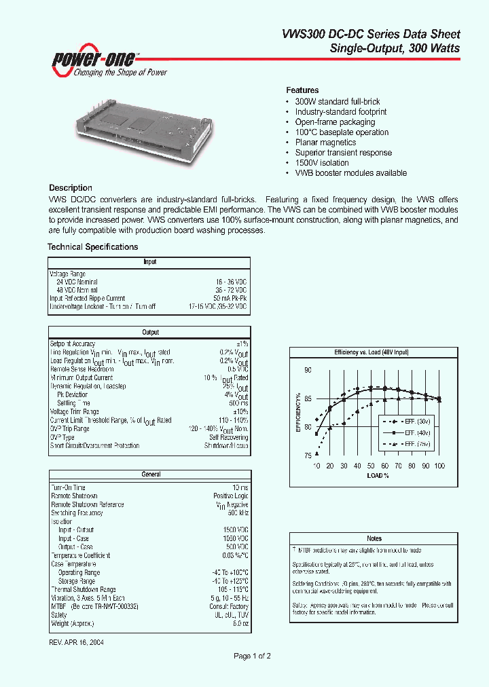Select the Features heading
pyautogui.click(x=302, y=90)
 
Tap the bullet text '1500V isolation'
pyautogui.click(x=322, y=163)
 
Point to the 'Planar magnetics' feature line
pyautogui.click(x=325, y=143)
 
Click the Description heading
pyautogui.click(x=70, y=188)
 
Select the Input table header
pyautogui.click(x=149, y=261)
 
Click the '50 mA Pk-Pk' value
pyautogui.click(x=230, y=299)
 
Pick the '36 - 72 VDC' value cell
pyautogui.click(x=231, y=290)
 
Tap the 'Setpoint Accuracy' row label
pyautogui.click(x=73, y=344)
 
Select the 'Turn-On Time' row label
pyautogui.click(x=68, y=487)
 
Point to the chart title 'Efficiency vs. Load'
pyautogui.click(x=371, y=353)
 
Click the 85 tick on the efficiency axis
pyautogui.click(x=308, y=398)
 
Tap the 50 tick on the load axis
pyautogui.click(x=371, y=466)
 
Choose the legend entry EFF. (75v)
pyautogui.click(x=414, y=444)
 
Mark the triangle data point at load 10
pyautogui.click(x=316, y=453)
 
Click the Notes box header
pyautogui.click(x=374, y=538)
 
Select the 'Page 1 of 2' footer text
pyautogui.click(x=252, y=656)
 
